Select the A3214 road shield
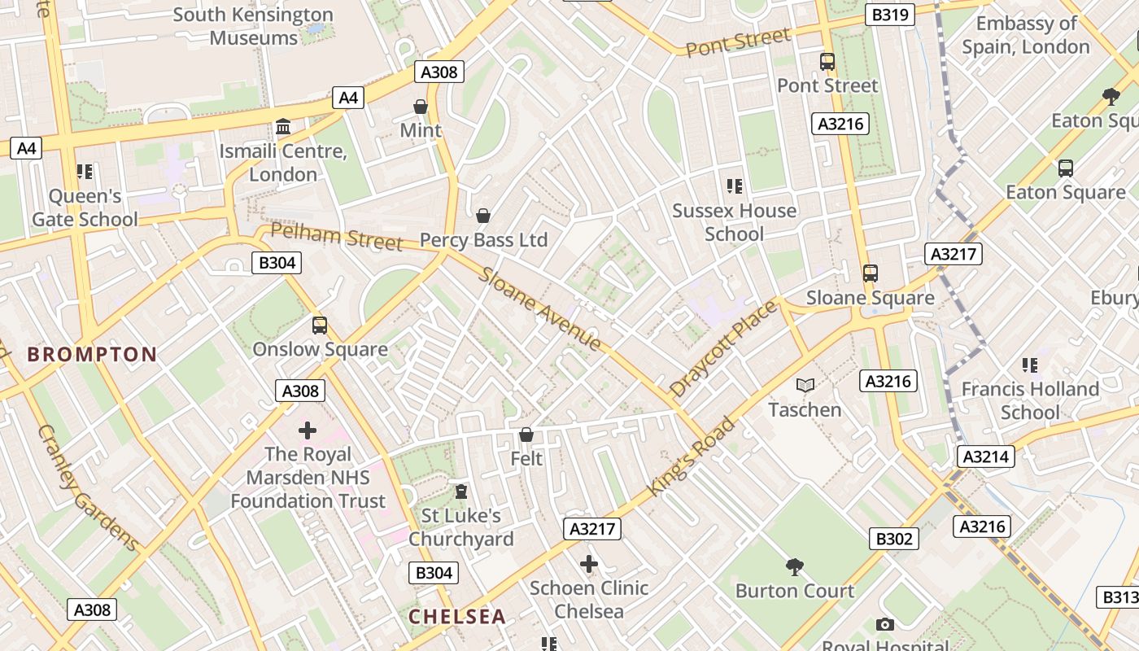[x=986, y=457]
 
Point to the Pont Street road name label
[x=738, y=42]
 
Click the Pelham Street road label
[x=336, y=236]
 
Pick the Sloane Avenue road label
[x=540, y=309]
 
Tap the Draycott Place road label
[x=723, y=348]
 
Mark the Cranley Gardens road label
[x=88, y=487]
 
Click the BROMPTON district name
[x=92, y=354]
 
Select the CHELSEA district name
[x=457, y=616]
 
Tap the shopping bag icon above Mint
[x=421, y=107]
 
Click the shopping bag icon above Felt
[x=526, y=435]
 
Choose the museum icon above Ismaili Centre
[x=283, y=127]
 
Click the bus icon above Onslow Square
[x=320, y=325]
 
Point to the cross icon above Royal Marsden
[x=308, y=430]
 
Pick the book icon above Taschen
[x=805, y=385]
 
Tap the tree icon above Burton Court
[x=795, y=566]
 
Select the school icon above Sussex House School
[x=735, y=186]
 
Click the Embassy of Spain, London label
[x=1026, y=35]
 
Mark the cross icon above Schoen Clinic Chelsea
[x=589, y=563]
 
